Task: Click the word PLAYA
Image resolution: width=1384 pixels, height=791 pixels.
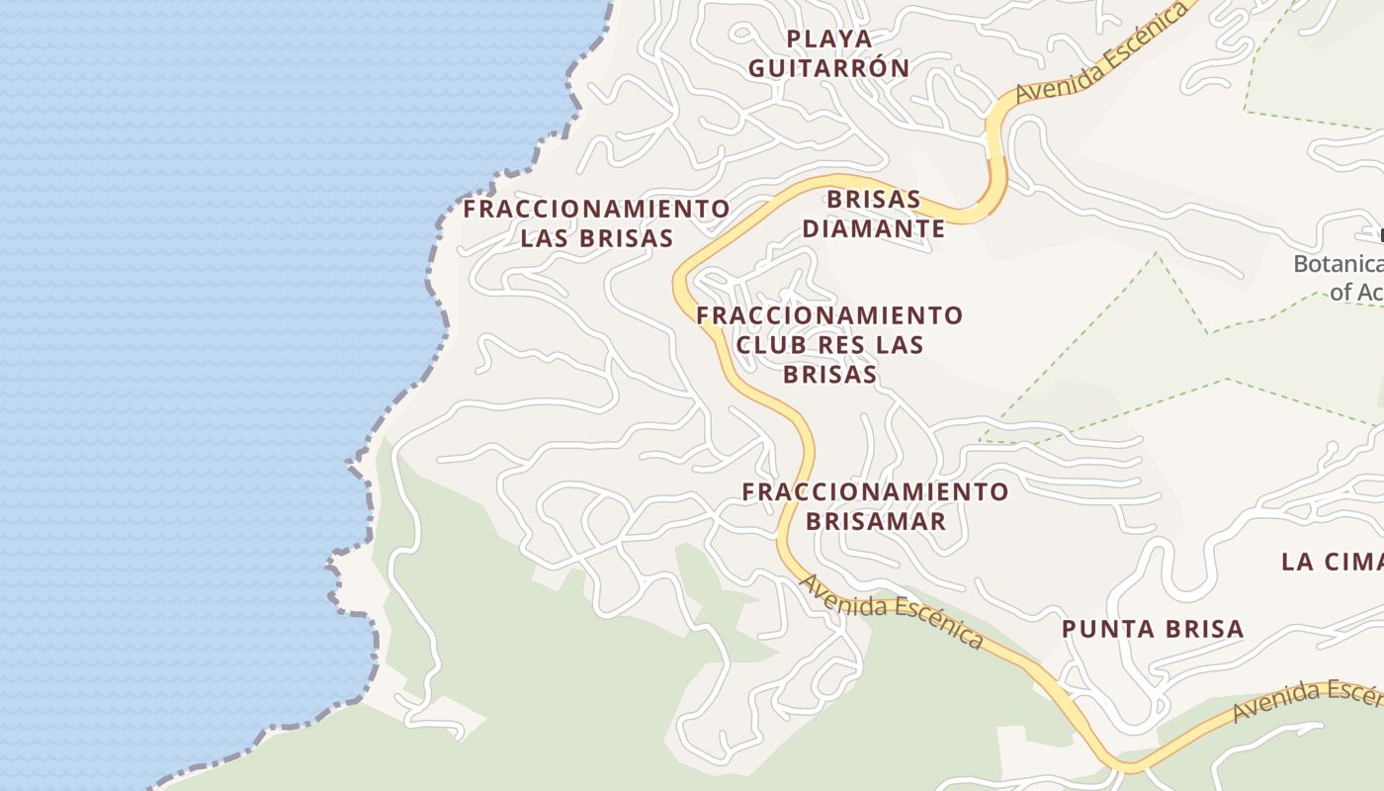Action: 830,39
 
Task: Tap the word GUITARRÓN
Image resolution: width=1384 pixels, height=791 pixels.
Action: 828,68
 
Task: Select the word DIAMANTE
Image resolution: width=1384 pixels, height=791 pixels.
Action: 873,229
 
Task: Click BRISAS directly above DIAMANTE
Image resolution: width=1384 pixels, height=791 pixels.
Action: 874,199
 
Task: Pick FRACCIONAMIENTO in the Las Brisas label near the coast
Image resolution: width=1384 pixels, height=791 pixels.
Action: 596,210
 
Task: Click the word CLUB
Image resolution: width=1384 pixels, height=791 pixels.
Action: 771,345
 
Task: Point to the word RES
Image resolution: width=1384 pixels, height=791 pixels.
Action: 841,345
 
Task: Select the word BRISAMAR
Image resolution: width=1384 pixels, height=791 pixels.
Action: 876,521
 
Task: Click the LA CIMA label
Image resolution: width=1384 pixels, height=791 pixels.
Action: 1331,562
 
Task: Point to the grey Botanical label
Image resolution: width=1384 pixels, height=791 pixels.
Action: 1338,265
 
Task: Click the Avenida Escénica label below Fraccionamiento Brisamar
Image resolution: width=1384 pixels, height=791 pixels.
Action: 892,611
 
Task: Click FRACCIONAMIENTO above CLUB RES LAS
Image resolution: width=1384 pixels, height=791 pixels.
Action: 829,315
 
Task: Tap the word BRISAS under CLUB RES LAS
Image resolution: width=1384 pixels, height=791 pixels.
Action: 829,374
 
